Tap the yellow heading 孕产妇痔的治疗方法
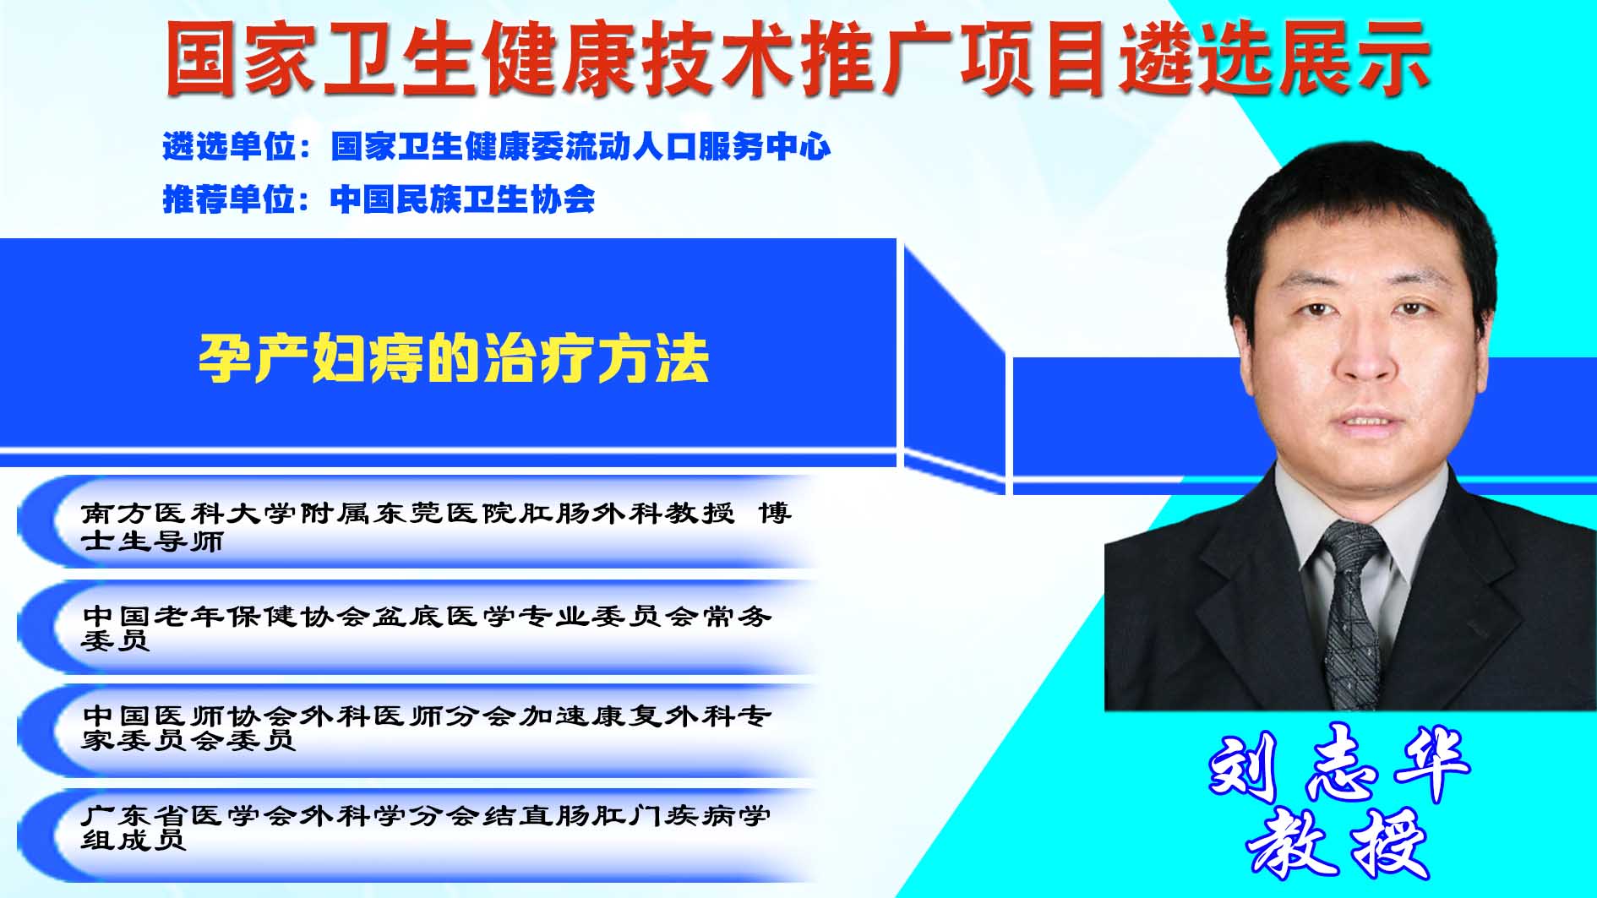[454, 359]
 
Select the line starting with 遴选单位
[497, 147]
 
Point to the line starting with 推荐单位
[379, 199]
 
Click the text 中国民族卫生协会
[462, 199]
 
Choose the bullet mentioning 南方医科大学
[436, 526]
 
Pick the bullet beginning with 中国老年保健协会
[427, 628]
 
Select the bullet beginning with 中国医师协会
[427, 727]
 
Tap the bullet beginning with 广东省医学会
[427, 827]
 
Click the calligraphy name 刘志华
[1340, 762]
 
